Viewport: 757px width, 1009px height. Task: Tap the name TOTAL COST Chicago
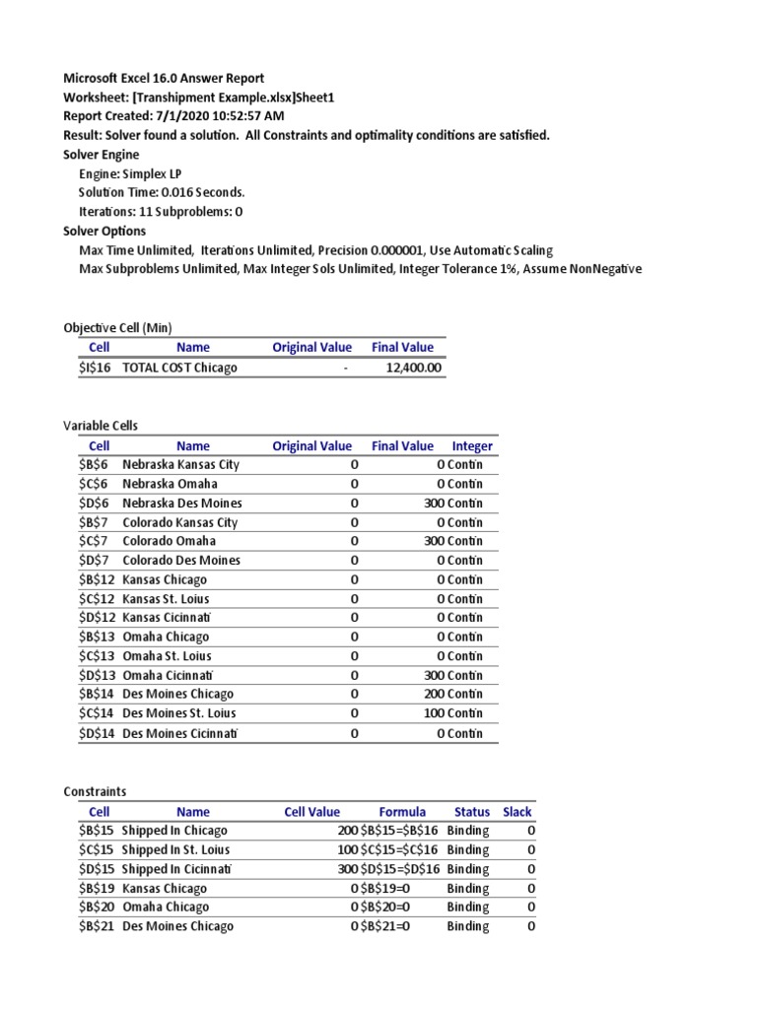pyautogui.click(x=179, y=368)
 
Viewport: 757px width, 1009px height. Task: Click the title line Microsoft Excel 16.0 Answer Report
pyautogui.click(x=164, y=78)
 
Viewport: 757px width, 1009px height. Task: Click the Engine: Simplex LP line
pyautogui.click(x=129, y=172)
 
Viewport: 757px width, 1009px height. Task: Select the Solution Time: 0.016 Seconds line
pyautogui.click(x=162, y=192)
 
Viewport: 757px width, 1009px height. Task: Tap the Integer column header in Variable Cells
pyautogui.click(x=472, y=445)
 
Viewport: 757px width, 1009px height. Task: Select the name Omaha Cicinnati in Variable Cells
pyautogui.click(x=168, y=675)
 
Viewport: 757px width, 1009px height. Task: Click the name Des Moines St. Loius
pyautogui.click(x=179, y=713)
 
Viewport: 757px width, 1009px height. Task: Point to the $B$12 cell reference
pyautogui.click(x=99, y=579)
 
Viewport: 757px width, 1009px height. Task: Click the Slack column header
pyautogui.click(x=516, y=812)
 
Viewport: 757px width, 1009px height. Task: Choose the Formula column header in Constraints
pyautogui.click(x=402, y=812)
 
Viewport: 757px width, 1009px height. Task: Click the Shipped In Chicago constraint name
pyautogui.click(x=174, y=831)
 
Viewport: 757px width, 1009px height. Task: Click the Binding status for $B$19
pyautogui.click(x=468, y=888)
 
